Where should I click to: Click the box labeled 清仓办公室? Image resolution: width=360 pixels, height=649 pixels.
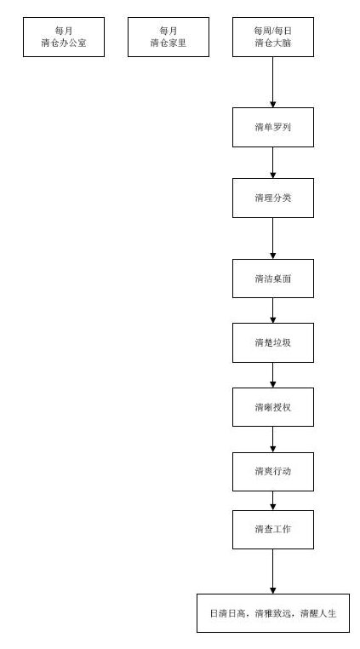64,37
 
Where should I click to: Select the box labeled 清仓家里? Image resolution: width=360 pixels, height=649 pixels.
169,37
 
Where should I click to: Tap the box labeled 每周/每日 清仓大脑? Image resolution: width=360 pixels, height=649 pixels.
273,37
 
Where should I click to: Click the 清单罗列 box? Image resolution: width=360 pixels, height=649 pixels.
273,128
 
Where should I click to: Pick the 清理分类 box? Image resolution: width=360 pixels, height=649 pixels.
273,198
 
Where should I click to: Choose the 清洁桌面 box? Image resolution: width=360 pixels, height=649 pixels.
273,279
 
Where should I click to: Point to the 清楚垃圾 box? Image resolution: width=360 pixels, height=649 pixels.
273,342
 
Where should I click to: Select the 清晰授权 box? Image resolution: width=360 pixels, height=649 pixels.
273,407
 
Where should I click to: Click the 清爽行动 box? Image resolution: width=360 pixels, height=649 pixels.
273,472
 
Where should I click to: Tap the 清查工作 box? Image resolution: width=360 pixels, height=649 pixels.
273,530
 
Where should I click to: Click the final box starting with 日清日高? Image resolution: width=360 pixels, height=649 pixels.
273,613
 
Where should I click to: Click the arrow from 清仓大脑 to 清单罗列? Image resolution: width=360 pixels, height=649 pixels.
273,83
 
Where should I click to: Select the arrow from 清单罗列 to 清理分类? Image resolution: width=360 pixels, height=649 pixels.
273,163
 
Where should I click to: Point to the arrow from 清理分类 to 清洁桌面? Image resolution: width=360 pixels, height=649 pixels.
273,238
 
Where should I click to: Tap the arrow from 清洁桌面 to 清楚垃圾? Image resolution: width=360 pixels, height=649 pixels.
273,310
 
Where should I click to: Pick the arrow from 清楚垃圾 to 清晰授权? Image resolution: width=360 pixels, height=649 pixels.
273,375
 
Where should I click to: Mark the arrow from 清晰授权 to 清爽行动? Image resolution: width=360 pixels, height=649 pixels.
273,439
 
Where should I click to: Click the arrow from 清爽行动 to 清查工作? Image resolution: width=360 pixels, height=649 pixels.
273,501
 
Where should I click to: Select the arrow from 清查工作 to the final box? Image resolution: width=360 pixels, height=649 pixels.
273,571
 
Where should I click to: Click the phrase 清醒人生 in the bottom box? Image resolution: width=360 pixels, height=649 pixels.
318,613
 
